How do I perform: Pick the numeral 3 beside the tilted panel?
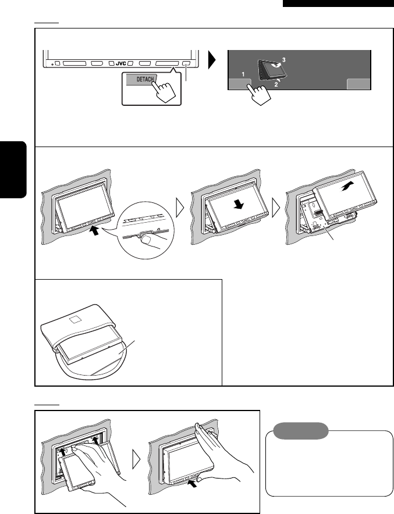(284, 60)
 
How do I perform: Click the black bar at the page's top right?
(339, 3)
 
